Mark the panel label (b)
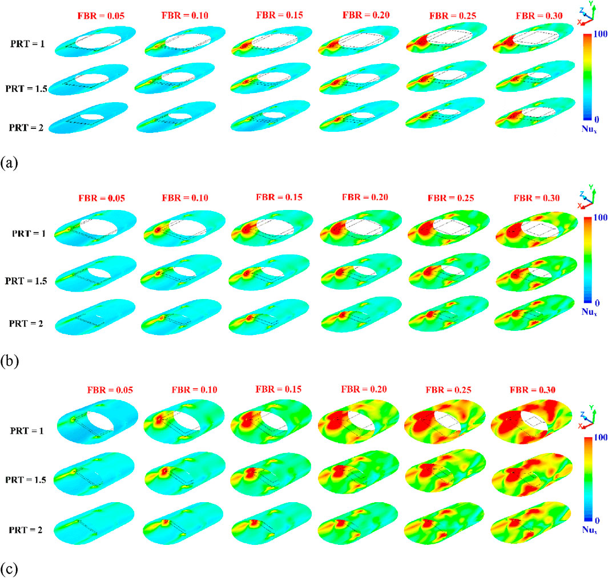10,361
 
